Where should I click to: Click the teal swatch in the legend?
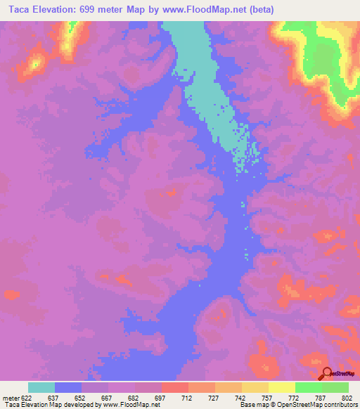41,387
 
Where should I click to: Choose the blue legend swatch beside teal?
68,387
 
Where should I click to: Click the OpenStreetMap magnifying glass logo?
327,374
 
